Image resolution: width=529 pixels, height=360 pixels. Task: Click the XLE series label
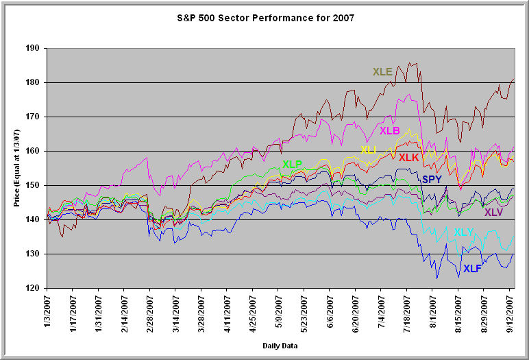point(382,72)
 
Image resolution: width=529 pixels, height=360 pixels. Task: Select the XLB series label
point(389,131)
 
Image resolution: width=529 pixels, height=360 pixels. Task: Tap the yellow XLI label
point(369,150)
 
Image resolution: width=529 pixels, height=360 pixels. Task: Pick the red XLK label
point(408,158)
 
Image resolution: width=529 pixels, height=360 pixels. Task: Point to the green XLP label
point(292,164)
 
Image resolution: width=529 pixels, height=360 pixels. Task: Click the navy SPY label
point(432,180)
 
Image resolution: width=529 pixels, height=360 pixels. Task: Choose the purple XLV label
point(493,213)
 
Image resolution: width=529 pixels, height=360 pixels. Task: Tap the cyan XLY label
point(464,232)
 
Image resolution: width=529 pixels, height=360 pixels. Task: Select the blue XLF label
point(473,269)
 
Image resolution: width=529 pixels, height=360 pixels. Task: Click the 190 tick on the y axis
point(32,49)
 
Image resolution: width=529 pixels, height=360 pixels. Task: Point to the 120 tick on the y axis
point(32,288)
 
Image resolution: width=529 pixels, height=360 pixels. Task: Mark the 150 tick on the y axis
point(32,185)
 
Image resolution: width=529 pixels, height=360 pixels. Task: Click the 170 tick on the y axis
point(32,117)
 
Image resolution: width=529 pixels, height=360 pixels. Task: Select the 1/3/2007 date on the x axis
point(47,313)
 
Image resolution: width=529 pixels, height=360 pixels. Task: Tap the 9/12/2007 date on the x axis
point(510,313)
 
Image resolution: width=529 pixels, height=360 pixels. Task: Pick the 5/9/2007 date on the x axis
point(279,313)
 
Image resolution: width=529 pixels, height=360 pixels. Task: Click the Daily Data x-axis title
point(280,346)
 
